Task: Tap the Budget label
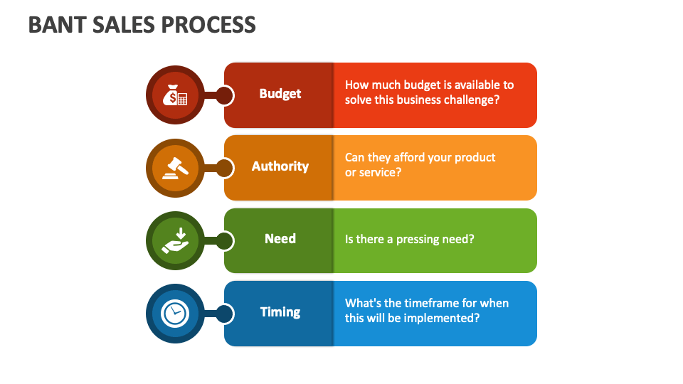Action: tap(280, 94)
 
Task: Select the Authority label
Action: tap(280, 166)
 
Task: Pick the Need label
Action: tap(280, 239)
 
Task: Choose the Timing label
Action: tap(280, 312)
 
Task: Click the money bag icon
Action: tap(175, 95)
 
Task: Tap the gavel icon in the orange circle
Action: tap(175, 168)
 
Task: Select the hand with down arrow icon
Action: tap(175, 240)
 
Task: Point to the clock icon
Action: tap(175, 313)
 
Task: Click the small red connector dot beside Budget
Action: tap(224, 95)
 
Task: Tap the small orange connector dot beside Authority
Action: tap(224, 168)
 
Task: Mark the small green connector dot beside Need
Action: tap(224, 241)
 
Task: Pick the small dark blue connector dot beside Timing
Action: tap(224, 314)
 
